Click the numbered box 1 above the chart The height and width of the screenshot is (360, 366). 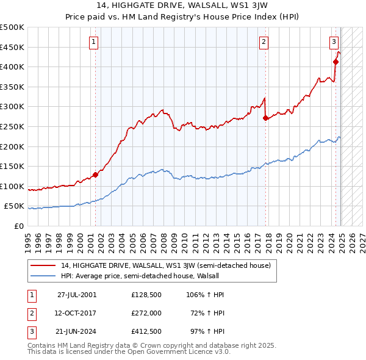click(93, 42)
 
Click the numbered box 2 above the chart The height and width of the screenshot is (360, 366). click(264, 42)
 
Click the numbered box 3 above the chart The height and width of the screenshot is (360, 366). click(334, 42)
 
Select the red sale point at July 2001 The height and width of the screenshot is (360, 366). click(95, 175)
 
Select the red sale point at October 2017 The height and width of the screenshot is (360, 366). click(265, 118)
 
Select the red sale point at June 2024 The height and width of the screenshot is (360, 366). click(335, 62)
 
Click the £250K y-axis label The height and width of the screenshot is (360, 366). click(12, 126)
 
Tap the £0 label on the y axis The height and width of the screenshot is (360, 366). click(18, 226)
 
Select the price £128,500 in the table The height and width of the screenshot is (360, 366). click(146, 294)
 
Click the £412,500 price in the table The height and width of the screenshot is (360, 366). click(146, 332)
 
